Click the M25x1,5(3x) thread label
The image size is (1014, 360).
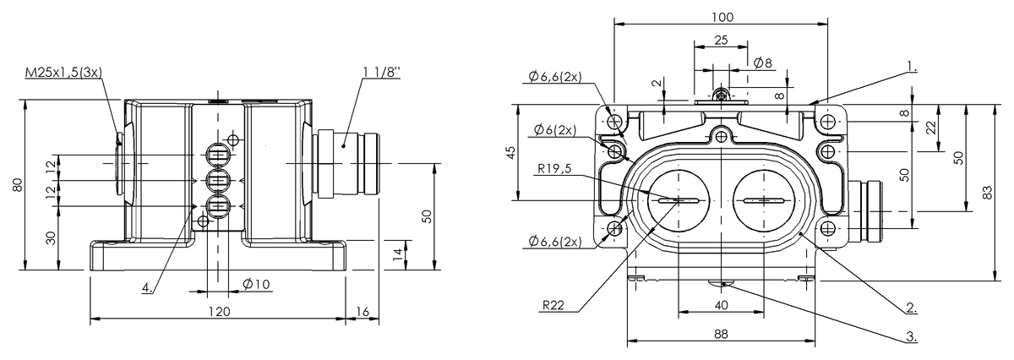tap(64, 73)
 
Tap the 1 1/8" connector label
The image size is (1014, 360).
tap(382, 72)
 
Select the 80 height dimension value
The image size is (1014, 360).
tap(18, 185)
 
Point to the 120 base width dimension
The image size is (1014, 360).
tap(219, 312)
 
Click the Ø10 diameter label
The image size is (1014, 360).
tap(256, 285)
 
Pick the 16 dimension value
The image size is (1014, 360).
tap(363, 312)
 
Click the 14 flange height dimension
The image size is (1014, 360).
tap(397, 254)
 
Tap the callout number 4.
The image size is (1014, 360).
tap(147, 287)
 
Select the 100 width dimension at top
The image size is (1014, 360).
tap(722, 17)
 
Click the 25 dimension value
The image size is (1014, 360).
tap(721, 41)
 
